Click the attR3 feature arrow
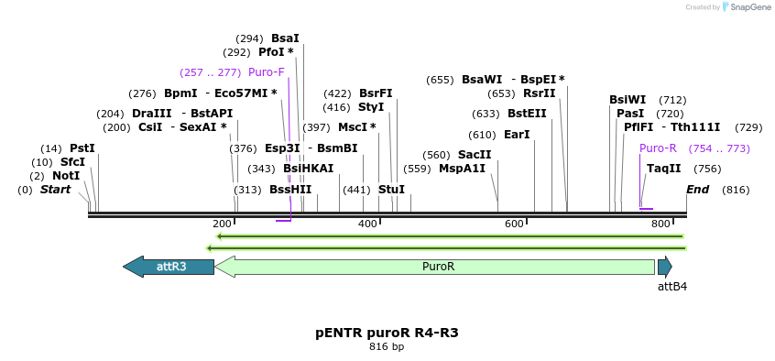click(169, 267)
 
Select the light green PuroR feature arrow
click(435, 267)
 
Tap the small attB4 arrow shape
click(664, 267)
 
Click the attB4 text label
click(671, 287)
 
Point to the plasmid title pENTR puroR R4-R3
click(387, 333)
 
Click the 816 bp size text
click(387, 347)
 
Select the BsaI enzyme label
click(285, 38)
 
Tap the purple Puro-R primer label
click(658, 148)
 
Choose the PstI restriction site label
click(82, 148)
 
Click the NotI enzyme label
click(66, 176)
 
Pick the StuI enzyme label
click(391, 190)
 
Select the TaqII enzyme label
click(663, 169)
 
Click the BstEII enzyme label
click(527, 114)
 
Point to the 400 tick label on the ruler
click(367, 224)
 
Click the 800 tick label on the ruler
click(660, 224)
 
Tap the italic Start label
click(55, 190)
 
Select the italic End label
click(698, 190)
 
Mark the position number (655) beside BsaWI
click(440, 80)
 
